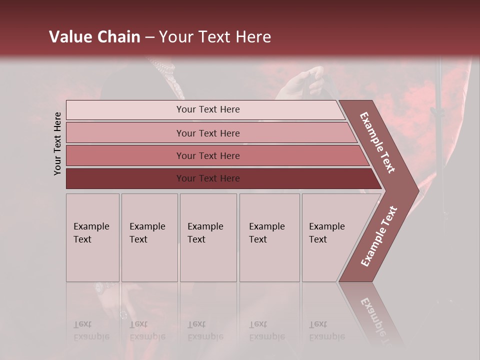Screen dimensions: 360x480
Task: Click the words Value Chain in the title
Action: click(x=94, y=37)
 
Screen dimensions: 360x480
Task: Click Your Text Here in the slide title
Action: click(x=215, y=37)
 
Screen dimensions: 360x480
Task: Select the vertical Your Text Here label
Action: click(x=57, y=143)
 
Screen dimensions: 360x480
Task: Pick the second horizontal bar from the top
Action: click(x=207, y=133)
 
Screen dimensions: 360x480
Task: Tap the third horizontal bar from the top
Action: click(x=207, y=155)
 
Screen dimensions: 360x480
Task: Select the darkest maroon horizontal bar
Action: click(x=207, y=178)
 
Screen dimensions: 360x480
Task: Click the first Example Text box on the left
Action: click(x=92, y=237)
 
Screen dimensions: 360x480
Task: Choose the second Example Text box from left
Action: click(x=149, y=237)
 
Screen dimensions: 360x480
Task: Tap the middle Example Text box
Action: click(x=208, y=237)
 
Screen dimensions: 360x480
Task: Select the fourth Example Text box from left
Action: click(x=269, y=237)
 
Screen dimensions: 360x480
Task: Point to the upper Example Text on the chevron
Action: click(x=378, y=142)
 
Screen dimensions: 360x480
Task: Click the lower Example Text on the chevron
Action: click(x=379, y=236)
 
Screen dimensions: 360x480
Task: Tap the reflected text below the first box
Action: click(x=91, y=330)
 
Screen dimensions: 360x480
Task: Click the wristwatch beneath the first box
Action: click(x=100, y=287)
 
